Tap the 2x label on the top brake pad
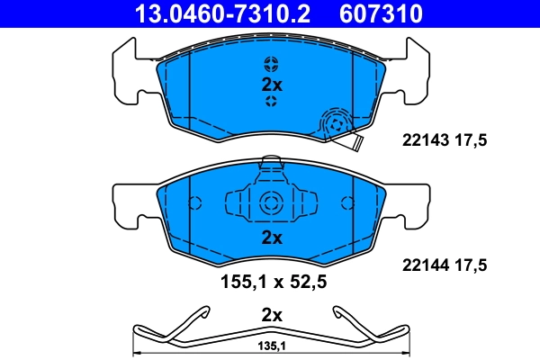tap(272, 85)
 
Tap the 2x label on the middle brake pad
tap(272, 238)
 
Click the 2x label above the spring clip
tap(272, 315)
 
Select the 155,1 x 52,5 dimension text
tap(272, 281)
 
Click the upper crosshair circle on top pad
tap(272, 64)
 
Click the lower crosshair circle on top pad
tap(272, 103)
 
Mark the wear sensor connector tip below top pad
tap(356, 143)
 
